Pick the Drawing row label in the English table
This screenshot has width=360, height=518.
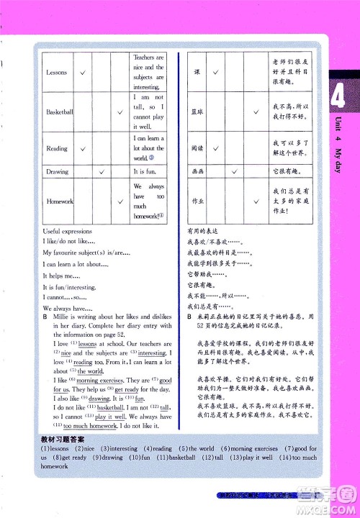coord(57,172)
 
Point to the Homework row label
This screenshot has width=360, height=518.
coord(60,201)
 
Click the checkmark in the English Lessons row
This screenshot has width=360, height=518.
coord(84,73)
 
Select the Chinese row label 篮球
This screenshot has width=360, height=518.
coord(198,112)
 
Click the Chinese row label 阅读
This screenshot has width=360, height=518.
coord(198,148)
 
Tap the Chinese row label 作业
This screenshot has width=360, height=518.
coord(198,201)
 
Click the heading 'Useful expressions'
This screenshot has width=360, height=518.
coord(68,232)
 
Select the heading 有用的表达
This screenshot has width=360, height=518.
coord(202,232)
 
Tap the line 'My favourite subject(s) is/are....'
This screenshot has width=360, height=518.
coord(86,253)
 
